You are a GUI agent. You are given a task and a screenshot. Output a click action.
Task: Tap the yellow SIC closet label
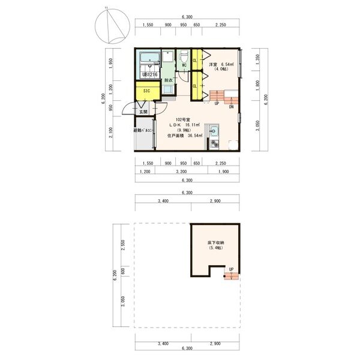(146, 91)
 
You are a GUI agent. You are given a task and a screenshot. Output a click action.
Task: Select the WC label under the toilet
(184, 65)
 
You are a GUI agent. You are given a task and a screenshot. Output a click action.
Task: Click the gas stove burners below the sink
(215, 143)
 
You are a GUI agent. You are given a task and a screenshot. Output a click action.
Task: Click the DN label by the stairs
(231, 107)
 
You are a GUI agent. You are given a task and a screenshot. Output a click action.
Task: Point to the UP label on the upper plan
(217, 103)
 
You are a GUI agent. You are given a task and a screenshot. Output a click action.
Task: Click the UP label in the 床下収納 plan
(231, 269)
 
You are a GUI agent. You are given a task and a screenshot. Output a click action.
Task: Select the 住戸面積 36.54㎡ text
(184, 136)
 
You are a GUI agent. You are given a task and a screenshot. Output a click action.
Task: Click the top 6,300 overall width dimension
(187, 17)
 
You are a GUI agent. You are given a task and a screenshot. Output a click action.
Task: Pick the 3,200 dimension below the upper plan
(180, 172)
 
